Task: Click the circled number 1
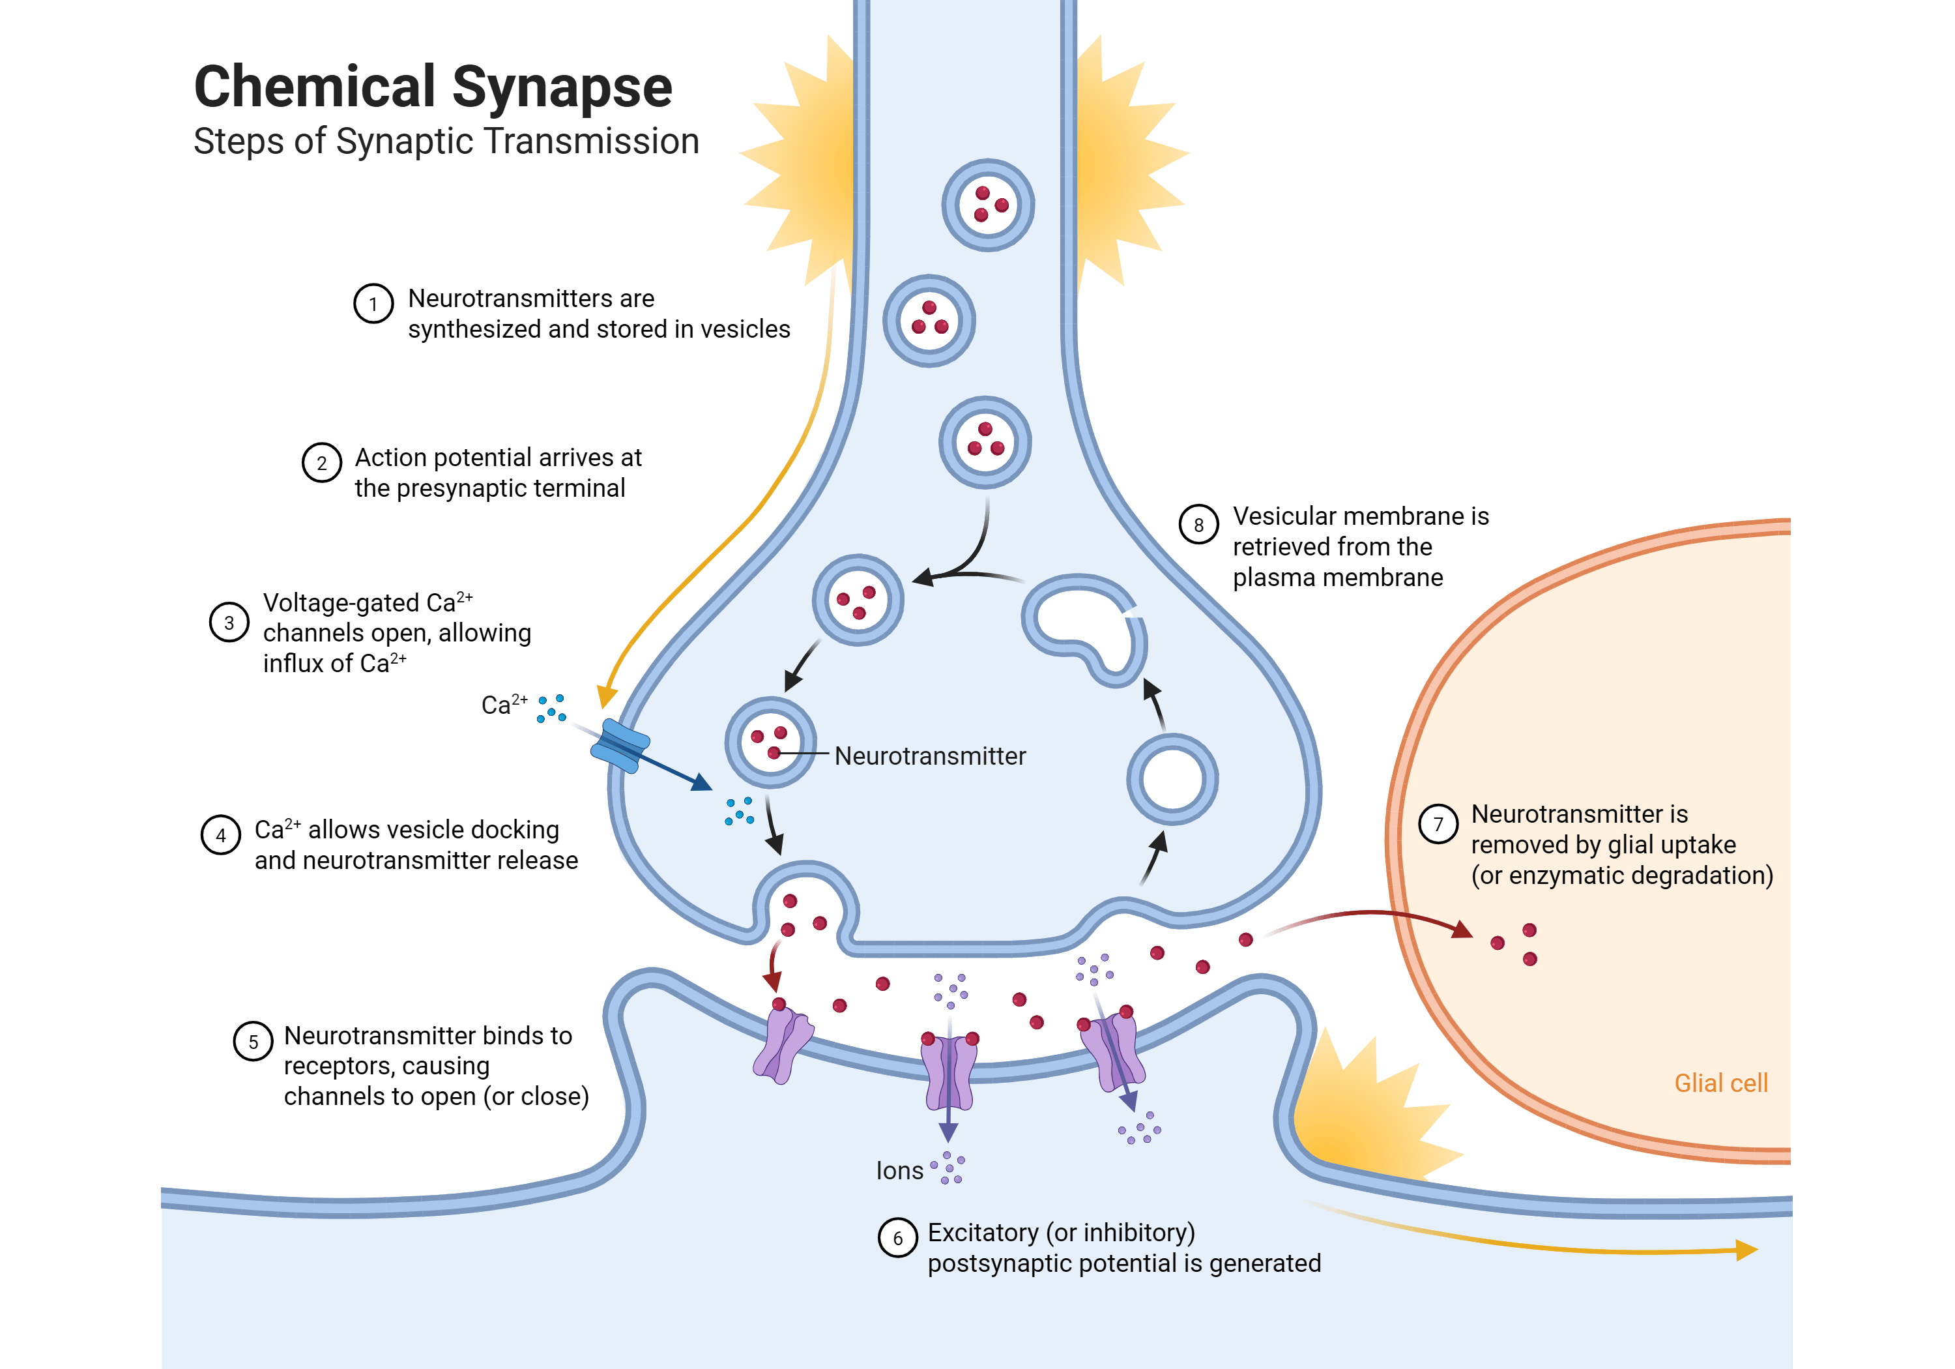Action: click(373, 303)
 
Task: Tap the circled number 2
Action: click(322, 463)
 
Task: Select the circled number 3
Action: click(229, 622)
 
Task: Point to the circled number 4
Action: click(220, 835)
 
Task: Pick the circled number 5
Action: click(253, 1041)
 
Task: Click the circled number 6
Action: click(897, 1238)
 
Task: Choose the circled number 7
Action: click(1438, 824)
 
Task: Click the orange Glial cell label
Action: click(1721, 1083)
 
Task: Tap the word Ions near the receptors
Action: click(899, 1171)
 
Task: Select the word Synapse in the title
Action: click(562, 89)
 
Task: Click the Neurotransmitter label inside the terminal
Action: click(930, 756)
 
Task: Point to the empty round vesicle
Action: click(1172, 780)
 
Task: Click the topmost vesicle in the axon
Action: click(988, 205)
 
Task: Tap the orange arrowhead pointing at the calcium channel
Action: click(606, 696)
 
